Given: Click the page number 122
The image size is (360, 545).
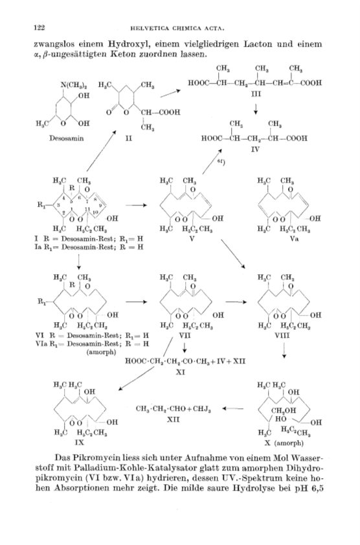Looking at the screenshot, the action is [39, 27].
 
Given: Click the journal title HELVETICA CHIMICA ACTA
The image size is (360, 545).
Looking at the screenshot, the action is [177, 28].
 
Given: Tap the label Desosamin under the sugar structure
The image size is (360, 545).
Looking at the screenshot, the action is [67, 138].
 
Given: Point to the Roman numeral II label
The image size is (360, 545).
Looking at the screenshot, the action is [128, 138].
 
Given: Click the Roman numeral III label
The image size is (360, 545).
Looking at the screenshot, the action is [256, 94].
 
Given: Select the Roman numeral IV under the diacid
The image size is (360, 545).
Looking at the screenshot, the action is [255, 150].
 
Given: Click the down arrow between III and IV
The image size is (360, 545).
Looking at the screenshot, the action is [256, 108].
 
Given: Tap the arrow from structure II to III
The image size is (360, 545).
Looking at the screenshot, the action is [170, 93].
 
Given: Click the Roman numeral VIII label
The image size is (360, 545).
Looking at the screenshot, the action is [285, 336].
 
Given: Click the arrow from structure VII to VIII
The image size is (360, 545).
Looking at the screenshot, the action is [236, 302].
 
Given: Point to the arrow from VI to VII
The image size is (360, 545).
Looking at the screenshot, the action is [137, 302].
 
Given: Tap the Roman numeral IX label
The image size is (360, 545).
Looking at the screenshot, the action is [79, 443].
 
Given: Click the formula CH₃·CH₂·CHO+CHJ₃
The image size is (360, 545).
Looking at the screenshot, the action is [174, 409].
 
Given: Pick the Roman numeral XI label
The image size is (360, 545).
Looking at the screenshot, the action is [180, 372].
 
